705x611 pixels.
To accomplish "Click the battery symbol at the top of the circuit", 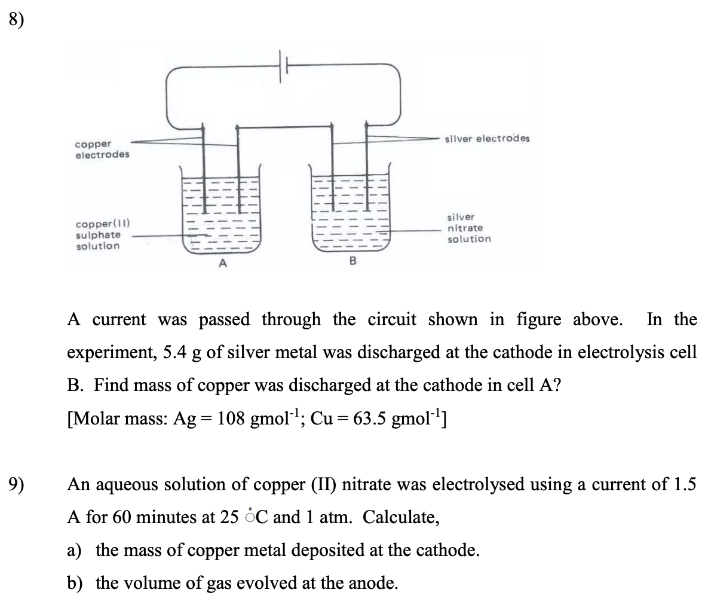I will [x=283, y=62].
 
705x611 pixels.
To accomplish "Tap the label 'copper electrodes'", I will [x=102, y=149].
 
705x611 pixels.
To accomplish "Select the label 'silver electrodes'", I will [x=486, y=139].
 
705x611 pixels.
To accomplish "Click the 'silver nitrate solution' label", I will [x=468, y=228].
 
